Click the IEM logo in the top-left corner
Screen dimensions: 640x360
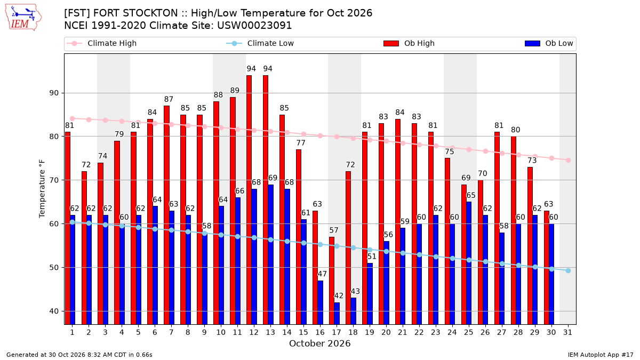tap(23, 18)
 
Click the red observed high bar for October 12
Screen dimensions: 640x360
tap(249, 199)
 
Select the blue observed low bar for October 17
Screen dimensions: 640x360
tap(337, 314)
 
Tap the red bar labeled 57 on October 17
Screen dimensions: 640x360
tap(332, 281)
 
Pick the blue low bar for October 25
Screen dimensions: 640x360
tap(469, 263)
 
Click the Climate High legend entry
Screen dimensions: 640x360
tap(102, 43)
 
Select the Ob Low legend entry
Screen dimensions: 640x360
tap(549, 43)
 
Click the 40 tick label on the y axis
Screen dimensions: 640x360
tap(54, 311)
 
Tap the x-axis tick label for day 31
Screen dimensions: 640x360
tap(567, 332)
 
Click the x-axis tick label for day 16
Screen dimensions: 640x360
tap(320, 332)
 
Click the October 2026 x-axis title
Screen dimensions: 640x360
tap(319, 343)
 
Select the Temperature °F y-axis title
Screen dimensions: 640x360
tap(42, 189)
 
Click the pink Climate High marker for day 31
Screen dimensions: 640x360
tap(568, 161)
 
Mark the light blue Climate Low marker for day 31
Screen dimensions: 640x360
tap(568, 270)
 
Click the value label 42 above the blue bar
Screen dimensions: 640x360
tap(339, 295)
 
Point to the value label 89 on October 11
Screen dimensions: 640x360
tap(235, 91)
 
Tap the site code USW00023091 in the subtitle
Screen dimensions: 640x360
tap(254, 26)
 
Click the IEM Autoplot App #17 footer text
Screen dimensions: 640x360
tap(601, 355)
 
